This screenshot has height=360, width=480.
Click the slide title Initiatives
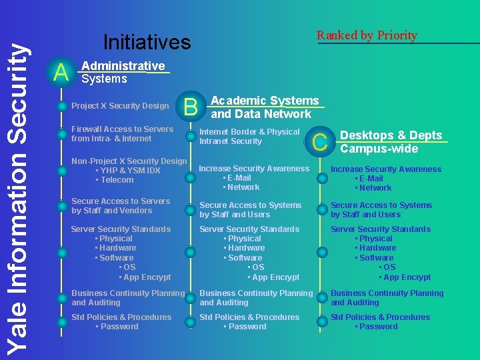click(147, 43)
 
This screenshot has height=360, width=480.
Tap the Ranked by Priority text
click(367, 35)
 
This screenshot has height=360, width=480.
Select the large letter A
click(61, 72)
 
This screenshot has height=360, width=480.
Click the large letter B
click(190, 106)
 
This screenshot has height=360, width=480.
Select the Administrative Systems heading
click(123, 72)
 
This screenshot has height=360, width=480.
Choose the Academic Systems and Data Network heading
click(265, 107)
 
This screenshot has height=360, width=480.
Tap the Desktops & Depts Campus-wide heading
click(391, 141)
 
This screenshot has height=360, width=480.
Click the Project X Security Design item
click(120, 106)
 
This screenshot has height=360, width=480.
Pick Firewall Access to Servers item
click(122, 133)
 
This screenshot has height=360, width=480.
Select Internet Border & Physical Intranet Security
click(249, 136)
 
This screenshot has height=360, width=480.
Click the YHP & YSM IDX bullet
click(130, 170)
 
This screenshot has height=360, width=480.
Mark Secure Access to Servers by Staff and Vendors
click(121, 205)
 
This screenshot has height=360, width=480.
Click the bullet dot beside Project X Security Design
click(61, 107)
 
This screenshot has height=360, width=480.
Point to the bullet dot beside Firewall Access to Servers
click(61, 134)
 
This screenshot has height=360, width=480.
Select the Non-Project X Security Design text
click(129, 161)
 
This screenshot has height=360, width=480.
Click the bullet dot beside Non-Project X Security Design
click(61, 170)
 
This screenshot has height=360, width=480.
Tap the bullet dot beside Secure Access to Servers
click(61, 206)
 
